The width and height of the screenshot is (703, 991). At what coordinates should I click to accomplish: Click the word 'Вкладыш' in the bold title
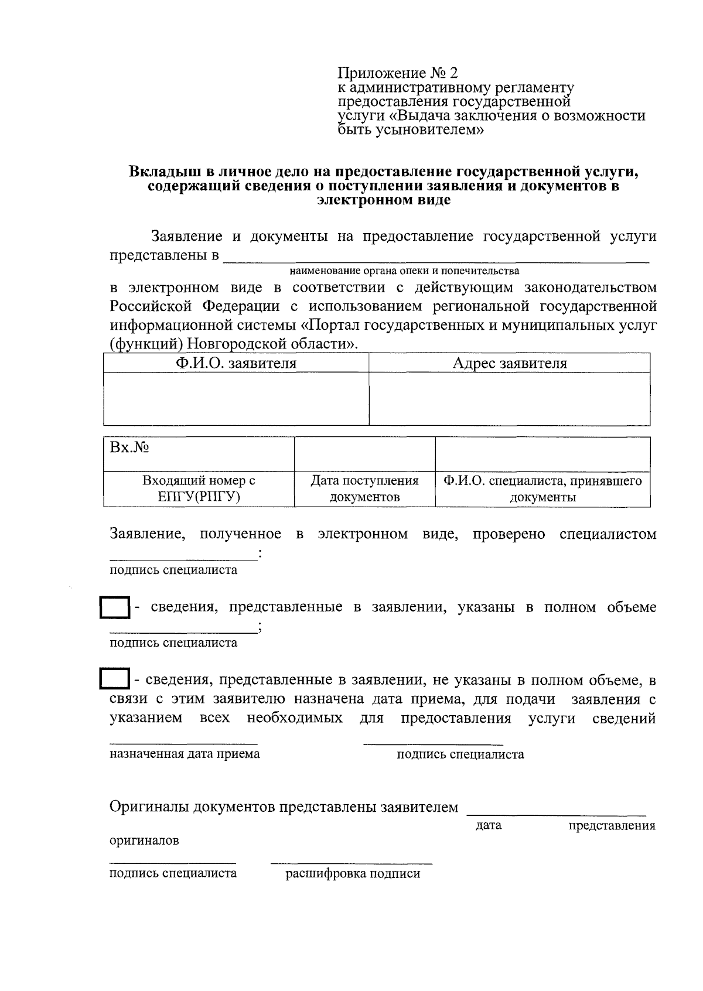point(162,173)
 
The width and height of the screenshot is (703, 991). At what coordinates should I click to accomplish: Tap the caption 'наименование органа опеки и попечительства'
point(404,271)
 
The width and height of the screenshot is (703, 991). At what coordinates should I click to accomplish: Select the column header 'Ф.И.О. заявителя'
point(236,363)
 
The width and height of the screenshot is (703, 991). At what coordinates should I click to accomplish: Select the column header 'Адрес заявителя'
point(510,363)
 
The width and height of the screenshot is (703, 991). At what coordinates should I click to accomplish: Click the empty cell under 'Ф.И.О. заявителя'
point(236,398)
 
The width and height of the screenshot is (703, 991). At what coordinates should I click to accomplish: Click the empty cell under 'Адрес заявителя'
point(510,398)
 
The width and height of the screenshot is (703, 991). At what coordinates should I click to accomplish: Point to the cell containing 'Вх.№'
point(198,454)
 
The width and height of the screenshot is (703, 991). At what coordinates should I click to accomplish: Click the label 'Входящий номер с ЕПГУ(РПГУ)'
point(199,489)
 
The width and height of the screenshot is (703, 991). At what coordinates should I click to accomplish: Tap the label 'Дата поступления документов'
point(364,489)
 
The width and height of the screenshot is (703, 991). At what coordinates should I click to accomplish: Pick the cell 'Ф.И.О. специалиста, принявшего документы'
point(542,489)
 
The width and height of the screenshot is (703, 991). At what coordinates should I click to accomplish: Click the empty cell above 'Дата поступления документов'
point(364,454)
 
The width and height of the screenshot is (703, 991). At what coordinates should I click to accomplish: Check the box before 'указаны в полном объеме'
point(114,608)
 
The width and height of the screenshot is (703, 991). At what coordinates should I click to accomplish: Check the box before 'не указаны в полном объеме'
point(114,680)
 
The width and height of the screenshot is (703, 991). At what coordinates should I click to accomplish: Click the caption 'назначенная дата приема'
point(185,754)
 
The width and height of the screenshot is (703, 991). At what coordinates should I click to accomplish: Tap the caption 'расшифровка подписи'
point(353,874)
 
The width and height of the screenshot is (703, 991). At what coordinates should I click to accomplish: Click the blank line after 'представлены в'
point(436,258)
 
